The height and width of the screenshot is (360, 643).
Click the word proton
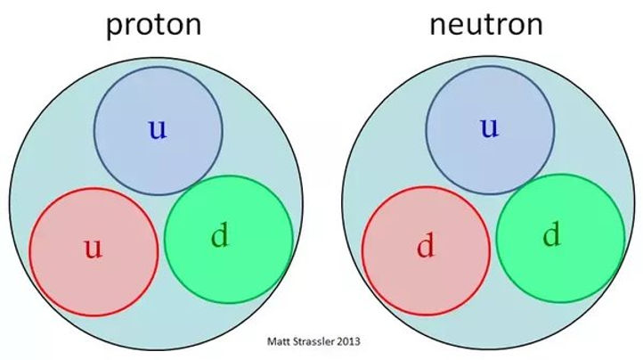[x=154, y=26]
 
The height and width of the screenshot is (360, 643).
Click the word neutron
[x=486, y=24]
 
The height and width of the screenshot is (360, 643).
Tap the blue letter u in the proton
[x=158, y=129]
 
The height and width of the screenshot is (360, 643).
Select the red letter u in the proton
[x=94, y=248]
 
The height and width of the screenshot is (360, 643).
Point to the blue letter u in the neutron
[x=490, y=127]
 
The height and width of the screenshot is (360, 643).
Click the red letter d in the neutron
[x=425, y=246]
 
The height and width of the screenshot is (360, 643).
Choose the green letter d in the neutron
[x=551, y=234]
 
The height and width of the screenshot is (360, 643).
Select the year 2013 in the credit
[x=348, y=341]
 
